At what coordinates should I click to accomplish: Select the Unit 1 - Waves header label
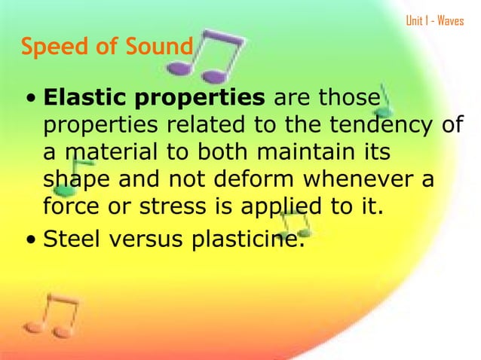[x=434, y=20]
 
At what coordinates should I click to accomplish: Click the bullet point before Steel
[x=30, y=242]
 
